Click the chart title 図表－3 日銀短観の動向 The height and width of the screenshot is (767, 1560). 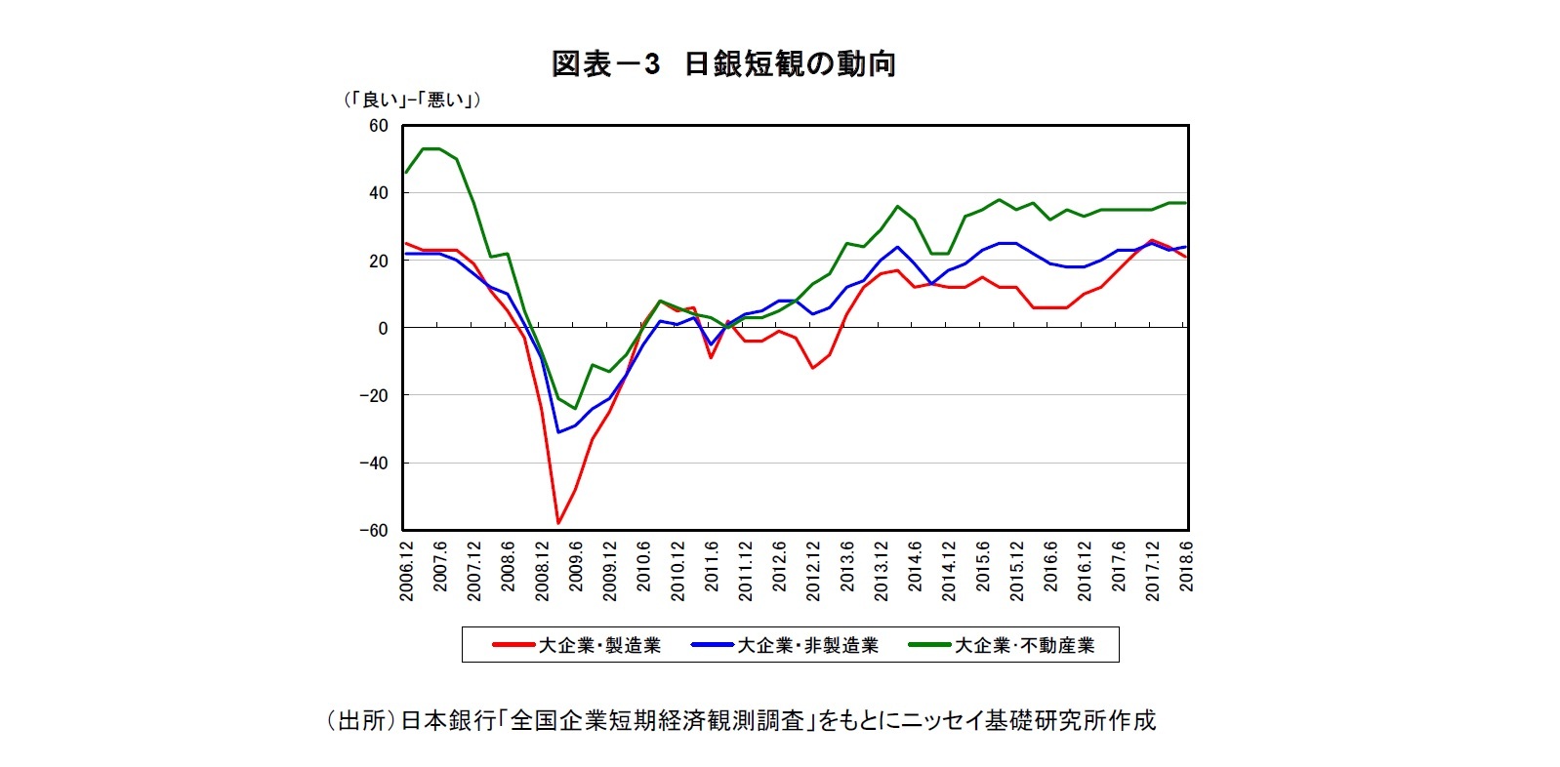pos(723,64)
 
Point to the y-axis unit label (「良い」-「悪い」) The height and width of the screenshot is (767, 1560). pos(411,100)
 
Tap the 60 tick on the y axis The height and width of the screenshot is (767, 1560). pos(378,126)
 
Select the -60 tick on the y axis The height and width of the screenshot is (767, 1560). pos(373,531)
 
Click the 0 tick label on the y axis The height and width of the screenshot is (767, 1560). pos(383,329)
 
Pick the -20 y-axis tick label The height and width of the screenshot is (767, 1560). pos(373,396)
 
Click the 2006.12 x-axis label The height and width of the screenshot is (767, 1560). pos(406,571)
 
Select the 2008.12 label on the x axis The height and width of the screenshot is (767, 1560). pos(542,571)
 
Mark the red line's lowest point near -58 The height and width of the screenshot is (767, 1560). pos(558,523)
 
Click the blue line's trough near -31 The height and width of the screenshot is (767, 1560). pos(558,432)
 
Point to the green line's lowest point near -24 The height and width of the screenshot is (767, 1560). pos(576,409)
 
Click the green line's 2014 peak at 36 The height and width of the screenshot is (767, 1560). pos(897,207)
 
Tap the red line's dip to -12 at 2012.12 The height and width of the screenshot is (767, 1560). pos(812,368)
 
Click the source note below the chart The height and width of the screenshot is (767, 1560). pos(741,720)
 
